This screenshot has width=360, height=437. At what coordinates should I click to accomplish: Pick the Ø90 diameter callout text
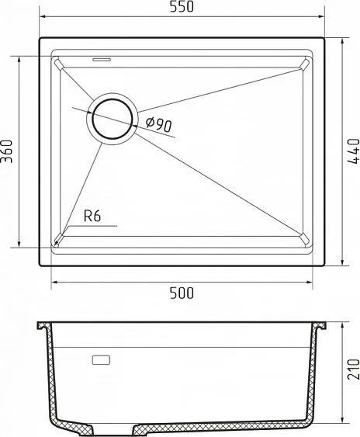click(158, 123)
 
